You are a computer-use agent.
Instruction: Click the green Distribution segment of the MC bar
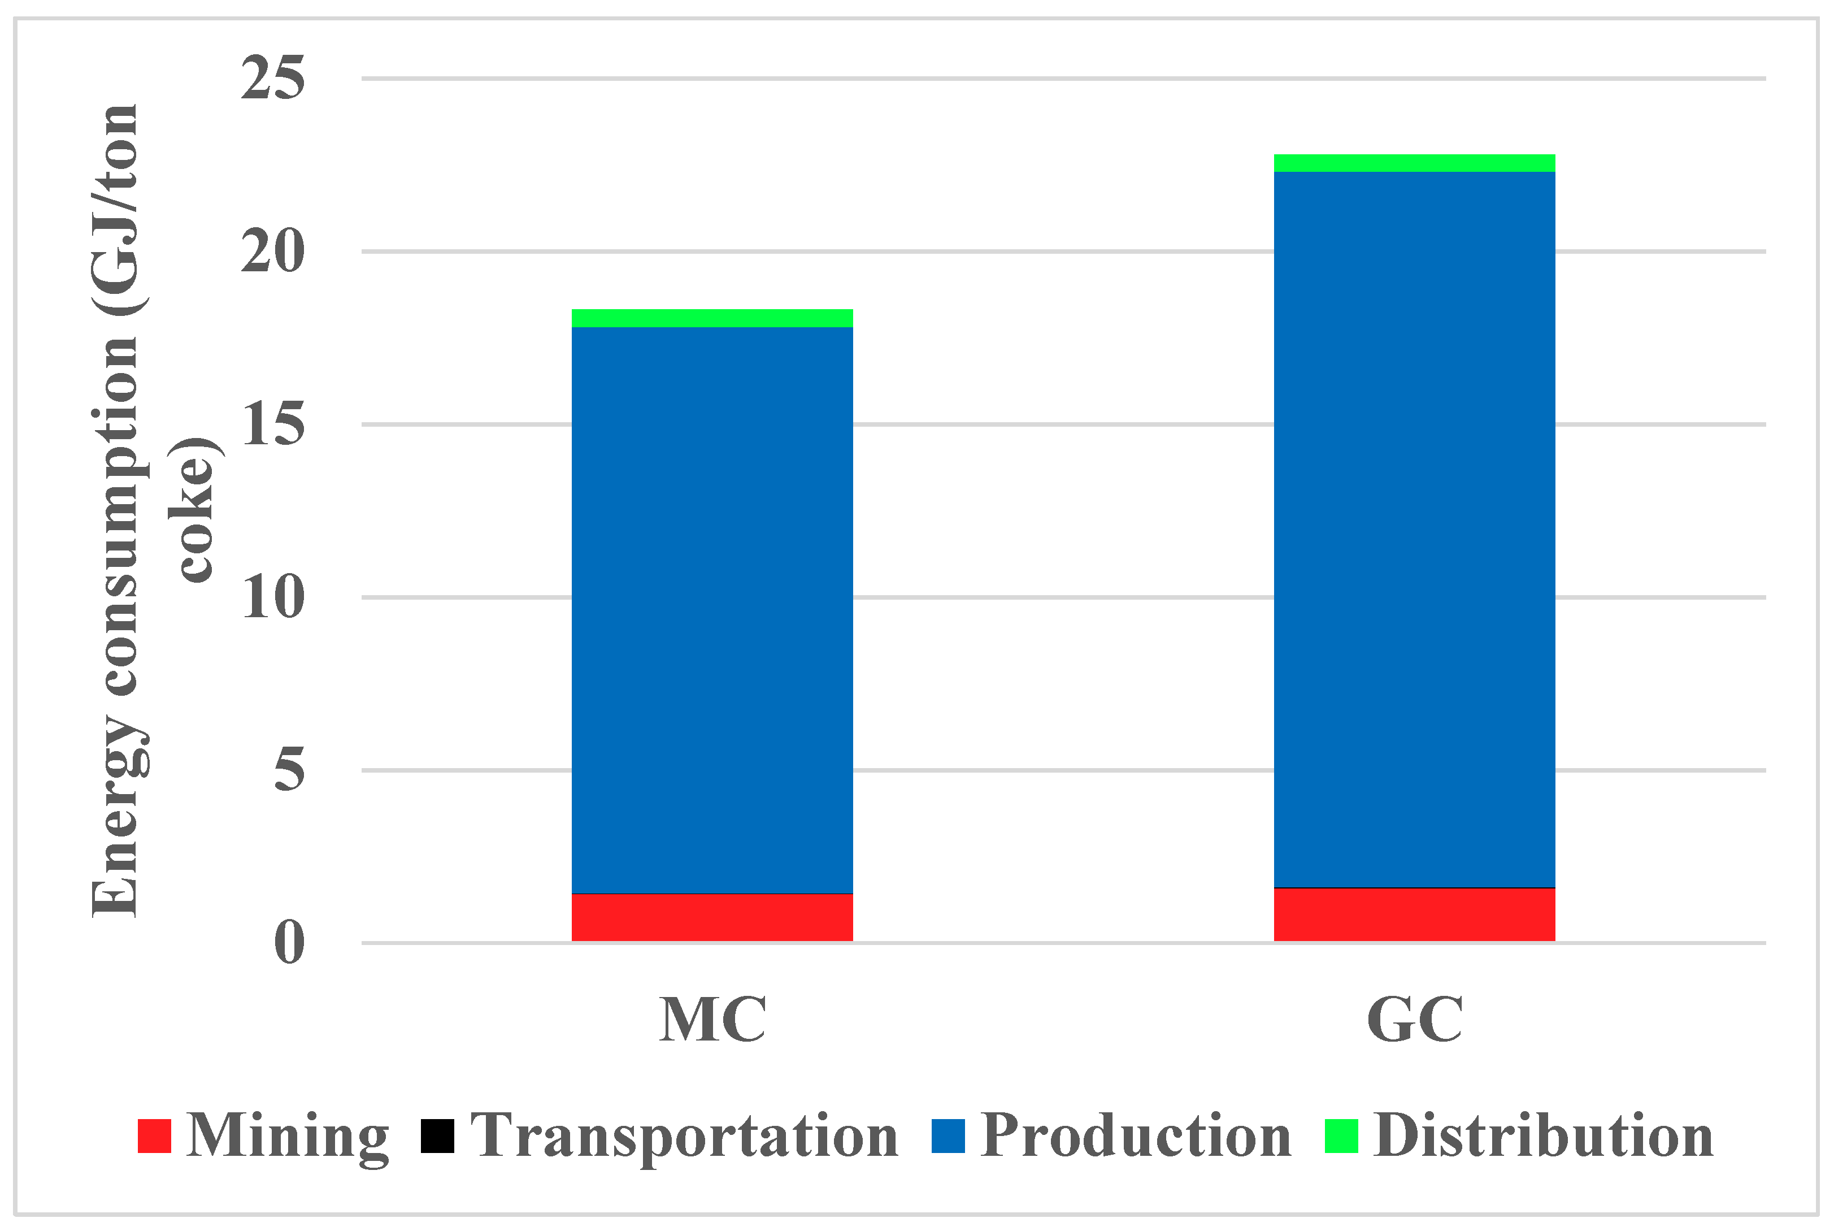click(x=712, y=318)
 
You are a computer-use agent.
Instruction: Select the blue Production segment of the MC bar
click(x=712, y=610)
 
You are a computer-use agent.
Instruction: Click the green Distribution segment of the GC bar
click(x=1414, y=163)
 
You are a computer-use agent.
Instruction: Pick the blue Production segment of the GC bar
click(x=1414, y=530)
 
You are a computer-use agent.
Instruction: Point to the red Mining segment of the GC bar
click(x=1414, y=914)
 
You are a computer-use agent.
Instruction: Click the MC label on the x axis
click(x=712, y=1020)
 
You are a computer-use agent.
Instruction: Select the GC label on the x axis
click(x=1414, y=1020)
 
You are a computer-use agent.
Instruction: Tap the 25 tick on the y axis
click(x=272, y=79)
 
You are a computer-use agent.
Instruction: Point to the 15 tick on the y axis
click(x=272, y=424)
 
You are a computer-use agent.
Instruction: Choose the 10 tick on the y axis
click(x=272, y=597)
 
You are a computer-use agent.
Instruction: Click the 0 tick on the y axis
click(x=289, y=942)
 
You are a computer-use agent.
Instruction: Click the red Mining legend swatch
click(x=155, y=1136)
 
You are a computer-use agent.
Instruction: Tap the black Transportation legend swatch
click(x=437, y=1136)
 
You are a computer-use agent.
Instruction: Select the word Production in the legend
click(x=1136, y=1136)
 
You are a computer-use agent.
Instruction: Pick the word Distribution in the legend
click(x=1544, y=1136)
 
